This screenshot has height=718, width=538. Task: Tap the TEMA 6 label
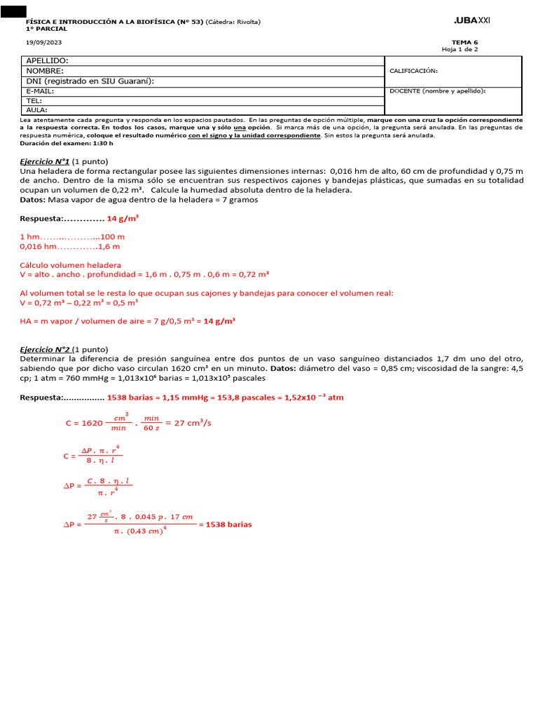(467, 42)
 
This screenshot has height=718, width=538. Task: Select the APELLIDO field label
(47, 61)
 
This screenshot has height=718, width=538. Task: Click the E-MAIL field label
(40, 90)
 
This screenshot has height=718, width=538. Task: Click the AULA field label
(36, 110)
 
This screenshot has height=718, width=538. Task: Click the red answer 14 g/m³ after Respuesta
(123, 219)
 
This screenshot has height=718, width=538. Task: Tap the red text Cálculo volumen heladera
(70, 265)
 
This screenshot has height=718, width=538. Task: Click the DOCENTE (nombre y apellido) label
(437, 90)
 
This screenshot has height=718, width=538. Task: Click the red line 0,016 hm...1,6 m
(70, 247)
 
